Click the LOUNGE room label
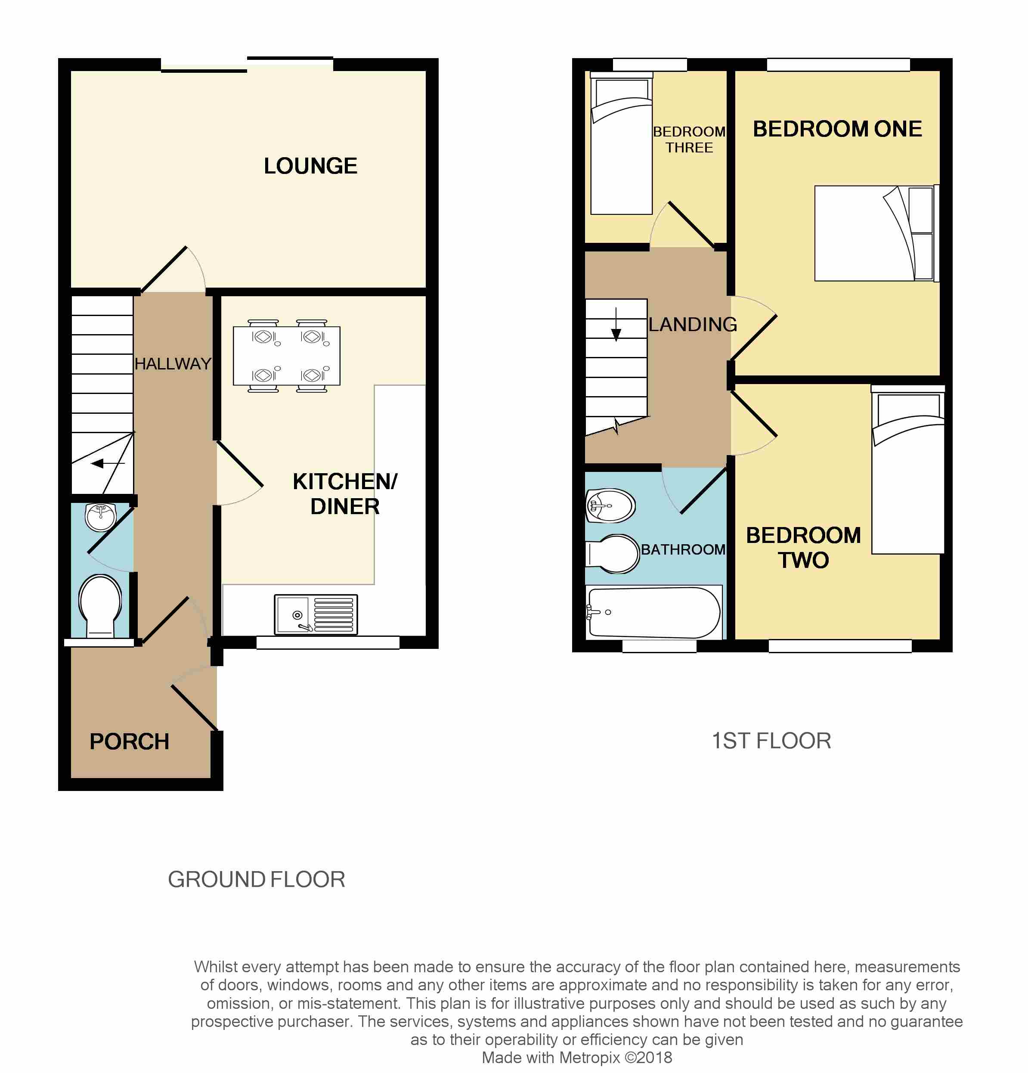point(310,166)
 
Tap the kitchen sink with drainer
point(316,614)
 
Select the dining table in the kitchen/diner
point(286,356)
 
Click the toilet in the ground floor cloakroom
point(100,605)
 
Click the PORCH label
point(129,742)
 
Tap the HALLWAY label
point(173,363)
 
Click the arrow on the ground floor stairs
point(108,464)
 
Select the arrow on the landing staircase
point(616,325)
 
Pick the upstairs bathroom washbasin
point(610,505)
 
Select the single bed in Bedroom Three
point(622,143)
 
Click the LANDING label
point(693,324)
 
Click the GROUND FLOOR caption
point(256,880)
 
